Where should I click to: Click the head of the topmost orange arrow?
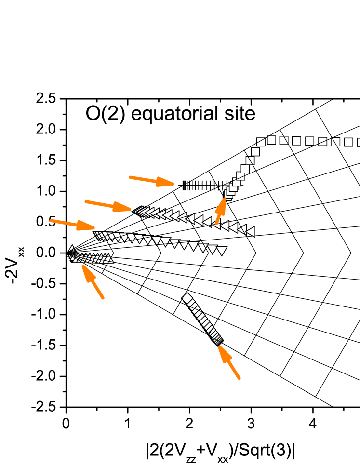172,184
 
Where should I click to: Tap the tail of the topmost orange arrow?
131,177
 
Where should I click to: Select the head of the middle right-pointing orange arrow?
129,209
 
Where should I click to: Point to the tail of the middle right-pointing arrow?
86,201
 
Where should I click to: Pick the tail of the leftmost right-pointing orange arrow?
51,220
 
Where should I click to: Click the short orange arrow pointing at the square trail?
221,210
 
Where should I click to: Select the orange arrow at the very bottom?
229,362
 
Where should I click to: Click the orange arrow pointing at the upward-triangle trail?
93,281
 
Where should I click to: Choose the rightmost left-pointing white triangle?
250,231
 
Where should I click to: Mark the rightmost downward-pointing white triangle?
221,250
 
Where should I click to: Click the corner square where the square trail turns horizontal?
261,142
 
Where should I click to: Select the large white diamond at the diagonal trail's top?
187,298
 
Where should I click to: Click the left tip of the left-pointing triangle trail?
135,210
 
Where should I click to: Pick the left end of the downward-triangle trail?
97,235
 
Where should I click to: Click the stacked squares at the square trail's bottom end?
228,195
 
